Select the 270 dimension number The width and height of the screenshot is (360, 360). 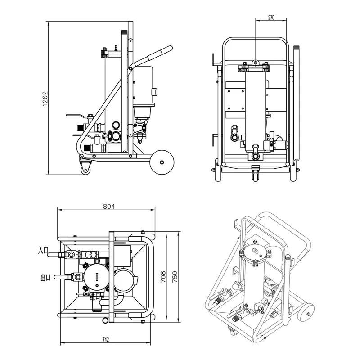[x=271, y=18]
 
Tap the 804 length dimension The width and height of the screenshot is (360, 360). [x=109, y=206]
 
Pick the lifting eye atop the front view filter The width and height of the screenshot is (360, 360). [x=255, y=63]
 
